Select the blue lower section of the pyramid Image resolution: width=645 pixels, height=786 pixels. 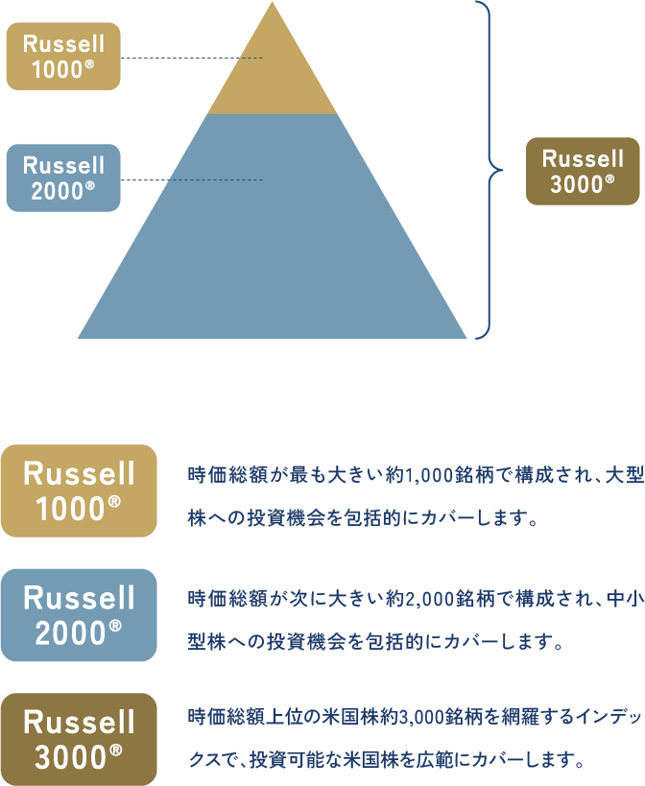pos(272,240)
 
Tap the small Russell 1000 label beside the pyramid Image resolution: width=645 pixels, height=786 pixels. pos(63,56)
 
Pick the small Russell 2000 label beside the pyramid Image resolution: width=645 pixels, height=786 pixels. pos(63,178)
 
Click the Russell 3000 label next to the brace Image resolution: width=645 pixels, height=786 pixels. pos(583,171)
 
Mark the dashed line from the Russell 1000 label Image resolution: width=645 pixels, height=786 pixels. pos(192,58)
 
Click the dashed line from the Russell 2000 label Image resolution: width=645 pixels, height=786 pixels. pos(192,179)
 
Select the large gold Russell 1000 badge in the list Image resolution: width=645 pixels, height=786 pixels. pos(79,490)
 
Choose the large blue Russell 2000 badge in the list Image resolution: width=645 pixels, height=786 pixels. pos(79,615)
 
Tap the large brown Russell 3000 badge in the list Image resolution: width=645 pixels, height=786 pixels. pos(79,739)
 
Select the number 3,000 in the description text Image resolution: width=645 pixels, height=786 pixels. pos(410,717)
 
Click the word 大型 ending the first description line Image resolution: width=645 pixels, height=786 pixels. pos(624,474)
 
